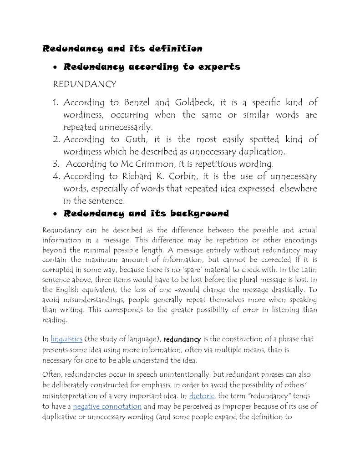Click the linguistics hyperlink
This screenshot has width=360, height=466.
(66, 339)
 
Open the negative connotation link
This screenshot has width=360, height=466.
(107, 406)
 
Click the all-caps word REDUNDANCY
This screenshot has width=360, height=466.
(85, 85)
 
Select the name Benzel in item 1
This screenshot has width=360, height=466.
(138, 102)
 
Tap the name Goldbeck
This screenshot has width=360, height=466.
(190, 102)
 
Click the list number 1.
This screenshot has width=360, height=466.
(56, 103)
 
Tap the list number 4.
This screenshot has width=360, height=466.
(56, 176)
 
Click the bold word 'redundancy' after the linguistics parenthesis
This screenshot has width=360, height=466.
(182, 339)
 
